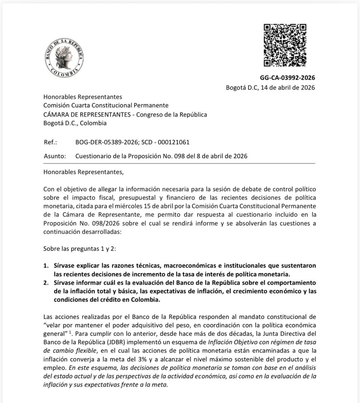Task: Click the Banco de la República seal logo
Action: point(64,58)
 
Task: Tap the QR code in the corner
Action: point(285,45)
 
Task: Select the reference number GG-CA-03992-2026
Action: point(287,78)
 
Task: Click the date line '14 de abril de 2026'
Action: point(288,88)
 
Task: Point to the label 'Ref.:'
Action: point(50,142)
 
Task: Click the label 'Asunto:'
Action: point(55,156)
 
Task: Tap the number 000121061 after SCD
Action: point(174,142)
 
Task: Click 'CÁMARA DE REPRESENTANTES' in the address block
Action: point(87,114)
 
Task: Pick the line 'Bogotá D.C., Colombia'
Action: point(75,123)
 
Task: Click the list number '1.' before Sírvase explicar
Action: point(46,266)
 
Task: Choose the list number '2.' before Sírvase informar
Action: point(46,283)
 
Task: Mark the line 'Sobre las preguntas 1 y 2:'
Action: point(80,249)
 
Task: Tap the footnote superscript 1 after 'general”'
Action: point(71,332)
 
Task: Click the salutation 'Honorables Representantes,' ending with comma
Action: point(83,172)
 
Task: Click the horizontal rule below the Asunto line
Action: point(179,164)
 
